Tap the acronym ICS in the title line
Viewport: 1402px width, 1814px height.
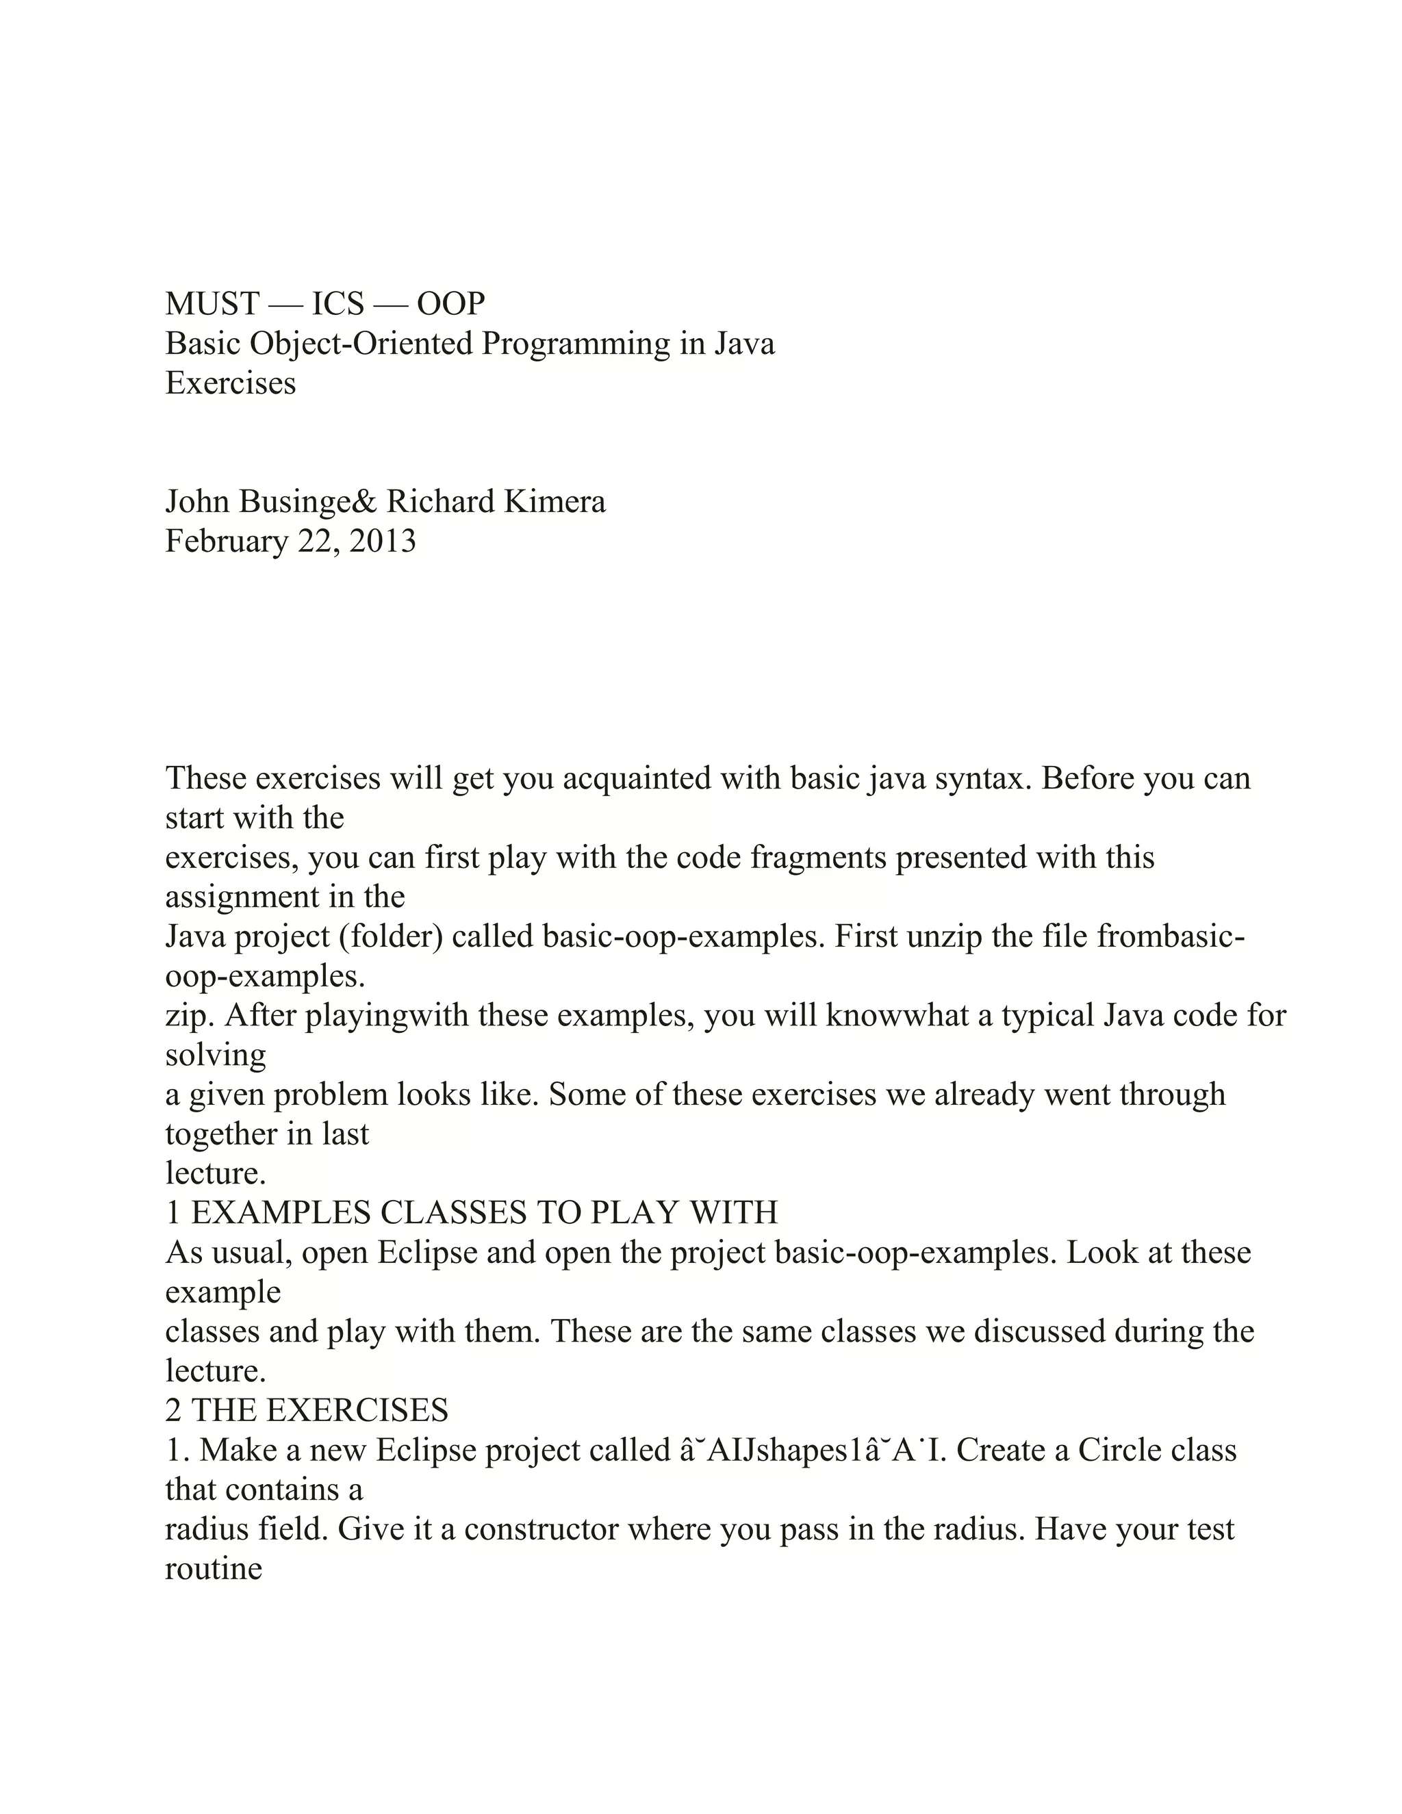click(x=337, y=304)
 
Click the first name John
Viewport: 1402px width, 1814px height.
click(x=198, y=502)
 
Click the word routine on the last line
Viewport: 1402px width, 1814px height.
click(x=214, y=1568)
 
